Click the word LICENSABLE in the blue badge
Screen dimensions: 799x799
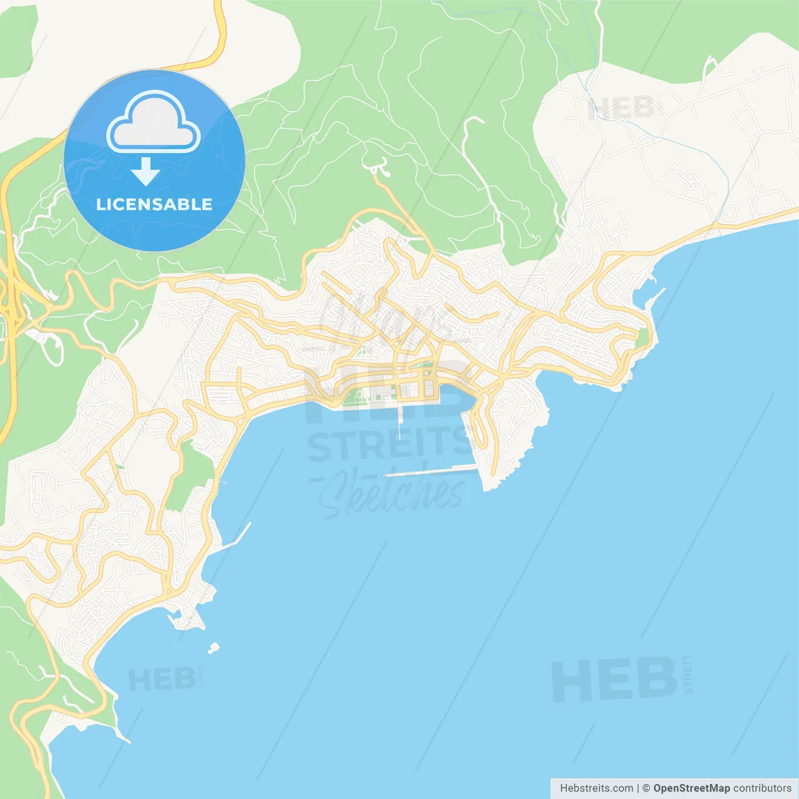pyautogui.click(x=154, y=204)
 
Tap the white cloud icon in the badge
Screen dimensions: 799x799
pyautogui.click(x=154, y=122)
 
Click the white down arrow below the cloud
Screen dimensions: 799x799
pyautogui.click(x=145, y=172)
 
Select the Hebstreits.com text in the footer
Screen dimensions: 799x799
pyautogui.click(x=596, y=788)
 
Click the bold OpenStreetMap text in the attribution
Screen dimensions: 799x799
pyautogui.click(x=692, y=788)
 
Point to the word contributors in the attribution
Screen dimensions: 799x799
pyautogui.click(x=762, y=788)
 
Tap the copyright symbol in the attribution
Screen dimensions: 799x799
pyautogui.click(x=646, y=788)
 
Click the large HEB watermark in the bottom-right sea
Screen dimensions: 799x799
pyautogui.click(x=614, y=679)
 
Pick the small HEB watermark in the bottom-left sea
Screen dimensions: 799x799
pyautogui.click(x=162, y=680)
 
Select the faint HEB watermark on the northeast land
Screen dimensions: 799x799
pyautogui.click(x=620, y=109)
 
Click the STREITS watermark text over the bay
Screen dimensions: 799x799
pyautogui.click(x=390, y=444)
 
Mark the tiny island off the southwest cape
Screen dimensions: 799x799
pyautogui.click(x=213, y=648)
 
